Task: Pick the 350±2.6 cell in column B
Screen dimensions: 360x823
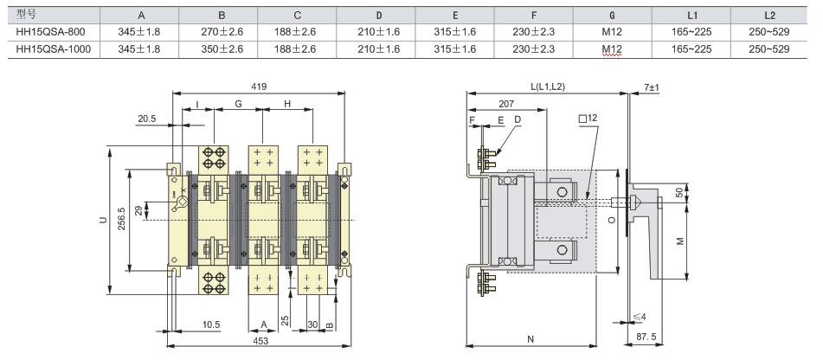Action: [222, 49]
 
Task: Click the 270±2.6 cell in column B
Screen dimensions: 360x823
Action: [222, 32]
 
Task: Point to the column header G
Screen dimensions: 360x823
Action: [613, 16]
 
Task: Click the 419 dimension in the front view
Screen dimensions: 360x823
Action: [259, 86]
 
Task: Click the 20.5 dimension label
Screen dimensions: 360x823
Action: [145, 119]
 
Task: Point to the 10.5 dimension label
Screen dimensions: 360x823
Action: [211, 325]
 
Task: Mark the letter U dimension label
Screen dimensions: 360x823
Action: [103, 221]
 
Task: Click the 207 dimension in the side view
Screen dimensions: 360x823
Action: [506, 102]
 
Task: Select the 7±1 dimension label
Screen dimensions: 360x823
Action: [652, 87]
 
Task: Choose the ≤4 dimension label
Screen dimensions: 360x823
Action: [640, 317]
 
